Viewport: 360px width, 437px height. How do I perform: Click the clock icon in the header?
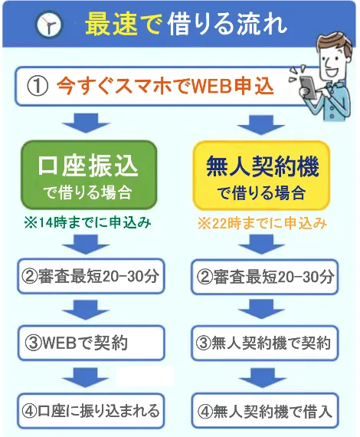coord(49,25)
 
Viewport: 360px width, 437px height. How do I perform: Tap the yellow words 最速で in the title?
coord(123,25)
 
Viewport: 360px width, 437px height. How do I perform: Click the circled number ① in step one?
coord(38,87)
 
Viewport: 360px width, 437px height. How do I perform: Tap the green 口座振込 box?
coord(89,175)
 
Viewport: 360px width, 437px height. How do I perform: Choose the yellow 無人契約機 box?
coord(262,176)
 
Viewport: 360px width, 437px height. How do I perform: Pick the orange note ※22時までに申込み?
coord(262,224)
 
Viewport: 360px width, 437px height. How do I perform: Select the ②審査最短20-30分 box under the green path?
coord(91,276)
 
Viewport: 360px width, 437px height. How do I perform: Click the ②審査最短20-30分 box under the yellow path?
coord(264,277)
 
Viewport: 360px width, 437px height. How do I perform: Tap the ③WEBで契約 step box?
coord(91,343)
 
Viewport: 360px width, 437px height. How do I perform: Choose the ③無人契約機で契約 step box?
coord(264,343)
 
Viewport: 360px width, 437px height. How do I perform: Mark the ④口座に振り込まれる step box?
coord(91,410)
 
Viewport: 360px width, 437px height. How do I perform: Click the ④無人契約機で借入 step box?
coord(264,411)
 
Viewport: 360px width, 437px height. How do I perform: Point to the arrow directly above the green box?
coord(86,123)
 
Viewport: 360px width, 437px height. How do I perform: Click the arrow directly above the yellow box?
coord(261,125)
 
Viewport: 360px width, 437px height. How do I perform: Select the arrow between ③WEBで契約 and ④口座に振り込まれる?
coord(85,377)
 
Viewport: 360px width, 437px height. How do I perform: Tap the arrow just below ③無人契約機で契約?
coord(262,378)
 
